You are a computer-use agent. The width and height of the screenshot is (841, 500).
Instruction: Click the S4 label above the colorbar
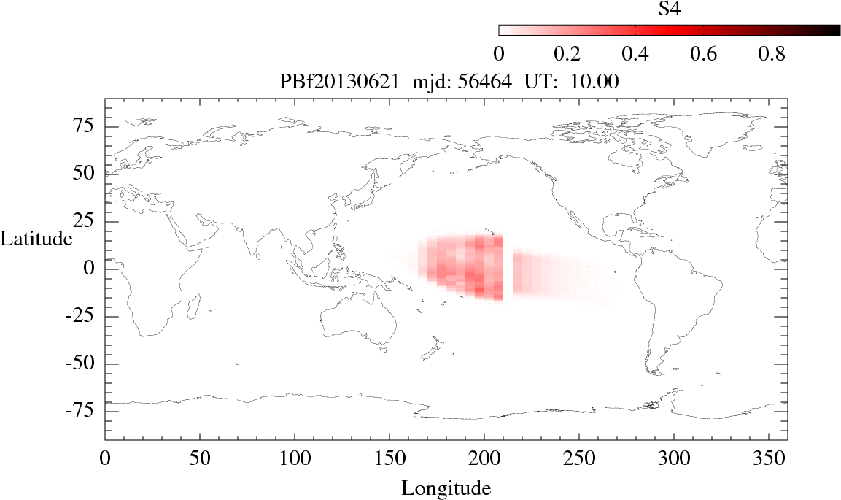pyautogui.click(x=670, y=9)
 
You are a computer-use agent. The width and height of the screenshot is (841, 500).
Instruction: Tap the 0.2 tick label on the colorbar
pyautogui.click(x=567, y=54)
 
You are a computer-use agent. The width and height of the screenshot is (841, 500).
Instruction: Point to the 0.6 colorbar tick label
pyautogui.click(x=703, y=54)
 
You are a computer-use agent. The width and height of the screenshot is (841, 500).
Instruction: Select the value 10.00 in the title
pyautogui.click(x=599, y=82)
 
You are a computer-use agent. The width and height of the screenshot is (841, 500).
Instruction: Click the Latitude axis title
pyautogui.click(x=36, y=239)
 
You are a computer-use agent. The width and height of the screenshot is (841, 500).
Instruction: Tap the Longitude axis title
pyautogui.click(x=446, y=488)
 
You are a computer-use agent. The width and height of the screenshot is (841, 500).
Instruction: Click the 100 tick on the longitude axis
pyautogui.click(x=294, y=461)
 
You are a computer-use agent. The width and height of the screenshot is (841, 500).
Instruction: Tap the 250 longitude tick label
pyautogui.click(x=578, y=461)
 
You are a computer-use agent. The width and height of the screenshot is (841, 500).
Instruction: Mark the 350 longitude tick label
pyautogui.click(x=768, y=461)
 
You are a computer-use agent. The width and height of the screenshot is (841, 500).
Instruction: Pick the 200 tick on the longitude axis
pyautogui.click(x=484, y=461)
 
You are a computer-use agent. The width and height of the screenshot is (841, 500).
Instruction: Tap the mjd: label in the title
pyautogui.click(x=435, y=82)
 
